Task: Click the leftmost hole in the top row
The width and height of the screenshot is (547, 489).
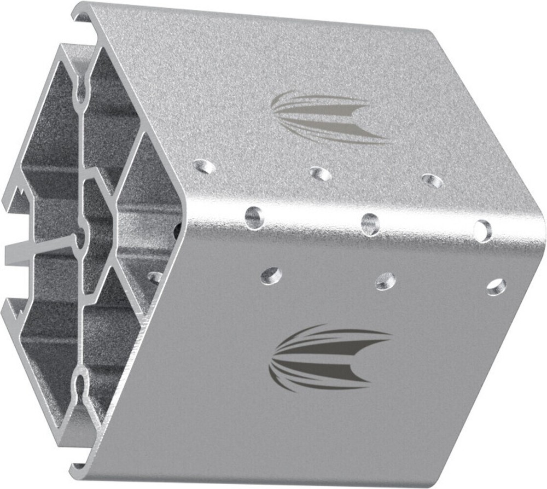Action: pos(205,166)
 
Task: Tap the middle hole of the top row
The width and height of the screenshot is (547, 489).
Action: pos(321,174)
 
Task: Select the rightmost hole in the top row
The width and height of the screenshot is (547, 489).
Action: pos(433,181)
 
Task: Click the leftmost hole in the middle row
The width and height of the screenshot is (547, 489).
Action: pos(254,217)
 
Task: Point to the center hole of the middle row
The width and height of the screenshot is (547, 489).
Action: pos(370,224)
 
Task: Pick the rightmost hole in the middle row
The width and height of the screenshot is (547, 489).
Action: pos(483,230)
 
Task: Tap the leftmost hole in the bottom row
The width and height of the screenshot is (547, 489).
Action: pos(271,275)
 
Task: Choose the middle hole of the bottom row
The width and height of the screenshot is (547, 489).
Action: pos(386,281)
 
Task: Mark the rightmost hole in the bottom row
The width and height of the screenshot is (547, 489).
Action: pos(496,287)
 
